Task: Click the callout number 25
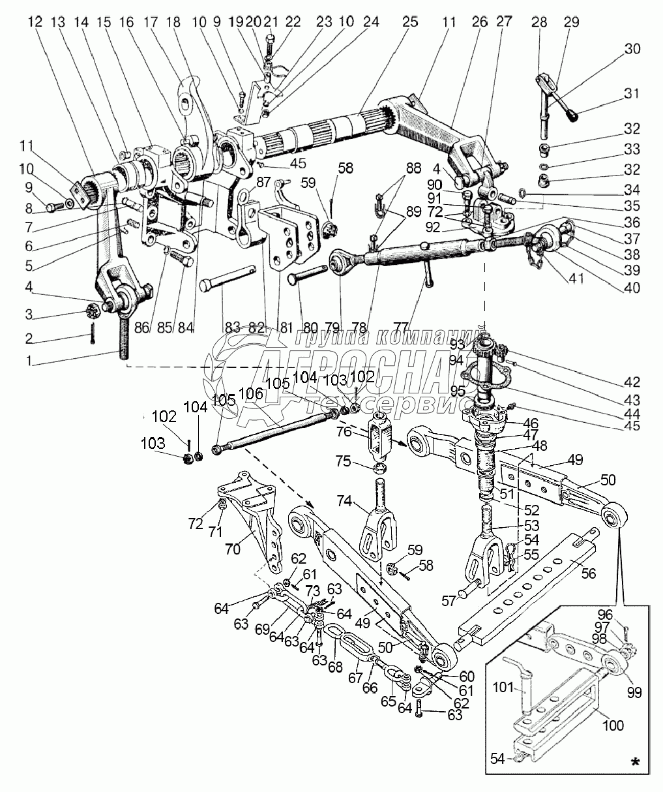pos(410,22)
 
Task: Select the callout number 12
pos(35,22)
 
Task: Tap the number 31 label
pos(614,94)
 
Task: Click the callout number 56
pos(589,574)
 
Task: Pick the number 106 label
pos(252,393)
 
